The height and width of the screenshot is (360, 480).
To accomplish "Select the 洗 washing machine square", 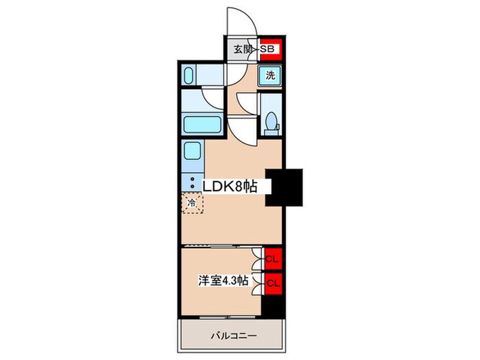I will click(271, 75).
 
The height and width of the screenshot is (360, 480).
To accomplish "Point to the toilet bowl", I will click(272, 122).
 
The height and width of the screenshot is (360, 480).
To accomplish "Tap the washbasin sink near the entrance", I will click(191, 75).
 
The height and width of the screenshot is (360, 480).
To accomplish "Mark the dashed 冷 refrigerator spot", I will click(193, 204).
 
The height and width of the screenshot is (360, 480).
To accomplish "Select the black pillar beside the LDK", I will click(285, 187).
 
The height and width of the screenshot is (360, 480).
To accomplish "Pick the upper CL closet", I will click(271, 259).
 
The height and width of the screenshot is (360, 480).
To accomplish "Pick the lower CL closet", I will click(271, 281).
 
